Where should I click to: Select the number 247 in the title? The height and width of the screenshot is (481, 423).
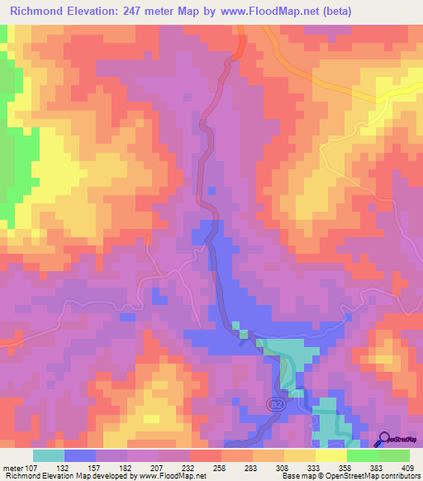(x=148, y=12)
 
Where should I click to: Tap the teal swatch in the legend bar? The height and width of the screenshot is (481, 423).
(x=48, y=455)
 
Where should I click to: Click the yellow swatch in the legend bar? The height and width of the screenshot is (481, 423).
(x=330, y=455)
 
